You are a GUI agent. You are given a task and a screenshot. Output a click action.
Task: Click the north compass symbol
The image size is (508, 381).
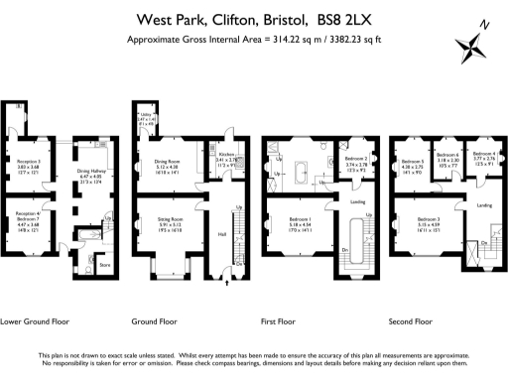pyautogui.click(x=470, y=45)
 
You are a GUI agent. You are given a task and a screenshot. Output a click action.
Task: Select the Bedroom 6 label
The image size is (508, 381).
pyautogui.click(x=447, y=156)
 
